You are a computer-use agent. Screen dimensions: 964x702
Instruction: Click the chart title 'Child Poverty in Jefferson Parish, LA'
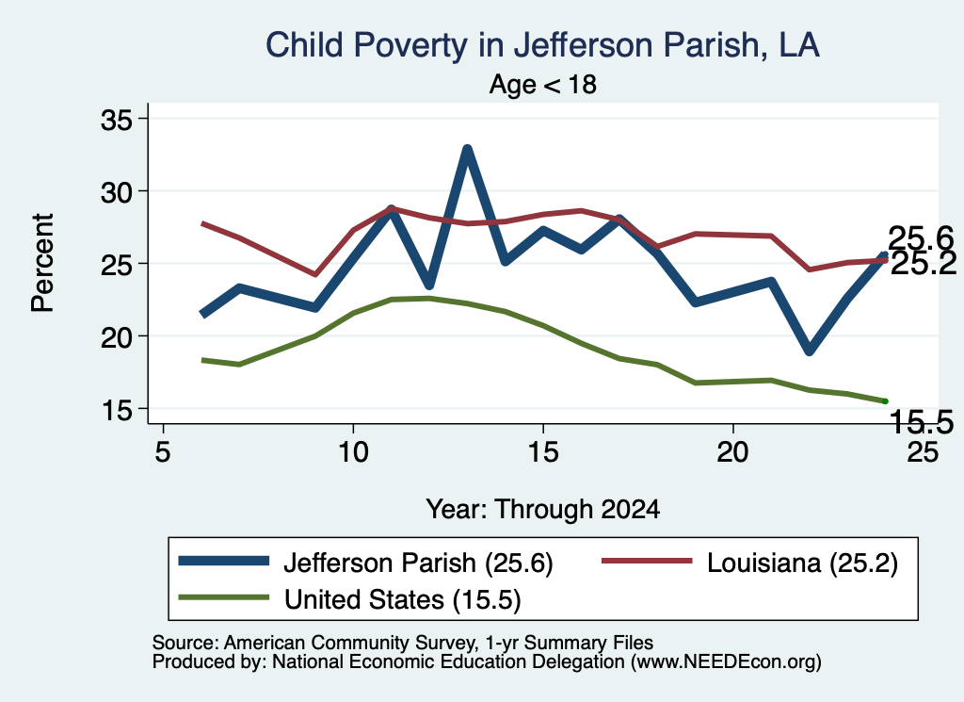coord(542,45)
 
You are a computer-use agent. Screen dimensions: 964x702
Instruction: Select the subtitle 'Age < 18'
coord(543,84)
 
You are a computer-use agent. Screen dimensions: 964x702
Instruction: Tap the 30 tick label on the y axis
coord(117,192)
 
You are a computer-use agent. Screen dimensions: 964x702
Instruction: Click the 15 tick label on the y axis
coord(117,410)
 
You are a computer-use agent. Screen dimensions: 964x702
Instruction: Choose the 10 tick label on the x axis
coord(353,452)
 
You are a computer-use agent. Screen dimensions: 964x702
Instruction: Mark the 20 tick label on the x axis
coord(732,452)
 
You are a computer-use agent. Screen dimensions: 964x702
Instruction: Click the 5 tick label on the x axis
coord(162,452)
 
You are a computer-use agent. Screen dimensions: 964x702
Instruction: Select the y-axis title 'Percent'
coord(43,263)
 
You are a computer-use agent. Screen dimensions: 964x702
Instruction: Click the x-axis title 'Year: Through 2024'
coord(543,510)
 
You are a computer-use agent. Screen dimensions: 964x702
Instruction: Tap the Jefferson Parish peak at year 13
coord(467,150)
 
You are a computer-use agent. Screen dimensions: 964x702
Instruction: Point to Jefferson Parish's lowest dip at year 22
coord(809,351)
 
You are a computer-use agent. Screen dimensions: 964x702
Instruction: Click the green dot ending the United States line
coord(885,401)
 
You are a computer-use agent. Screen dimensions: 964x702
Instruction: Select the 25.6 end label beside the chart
coord(921,238)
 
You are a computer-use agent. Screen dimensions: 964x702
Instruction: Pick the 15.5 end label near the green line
coord(921,422)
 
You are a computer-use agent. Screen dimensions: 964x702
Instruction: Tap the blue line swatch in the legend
coord(224,561)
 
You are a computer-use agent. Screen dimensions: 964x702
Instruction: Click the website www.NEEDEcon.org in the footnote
coord(726,661)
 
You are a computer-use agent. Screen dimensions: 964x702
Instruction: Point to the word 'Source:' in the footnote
coord(185,643)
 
